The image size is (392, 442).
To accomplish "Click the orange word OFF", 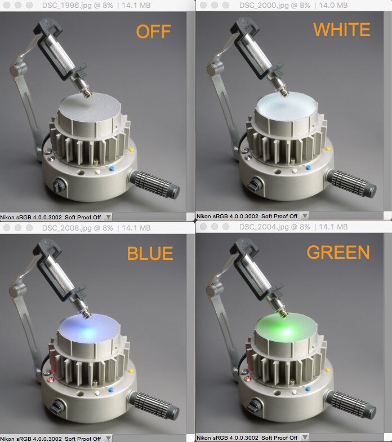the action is click(x=153, y=32).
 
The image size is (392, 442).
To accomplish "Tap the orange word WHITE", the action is click(x=341, y=29).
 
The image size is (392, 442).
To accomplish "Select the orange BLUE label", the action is click(x=150, y=253).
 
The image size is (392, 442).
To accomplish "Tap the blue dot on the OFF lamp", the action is click(x=112, y=169).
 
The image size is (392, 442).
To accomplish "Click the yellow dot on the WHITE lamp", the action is click(x=328, y=149).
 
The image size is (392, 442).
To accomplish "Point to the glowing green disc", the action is click(x=286, y=327).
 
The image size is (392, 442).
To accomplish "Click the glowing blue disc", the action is click(x=89, y=328).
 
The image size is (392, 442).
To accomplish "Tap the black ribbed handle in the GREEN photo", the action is click(x=351, y=404).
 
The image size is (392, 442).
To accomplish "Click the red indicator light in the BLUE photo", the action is click(x=51, y=379).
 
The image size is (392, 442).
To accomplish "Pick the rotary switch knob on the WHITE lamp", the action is click(x=255, y=184).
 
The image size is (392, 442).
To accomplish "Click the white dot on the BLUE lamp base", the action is click(x=97, y=393).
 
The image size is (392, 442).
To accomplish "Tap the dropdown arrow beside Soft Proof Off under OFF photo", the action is click(x=108, y=216).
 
